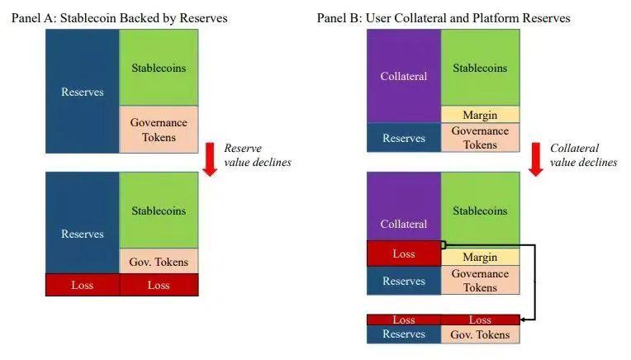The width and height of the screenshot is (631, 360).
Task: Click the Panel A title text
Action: coord(120,17)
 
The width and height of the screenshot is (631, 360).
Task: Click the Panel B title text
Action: coord(444,17)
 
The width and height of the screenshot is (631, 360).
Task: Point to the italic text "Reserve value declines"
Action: coord(257,155)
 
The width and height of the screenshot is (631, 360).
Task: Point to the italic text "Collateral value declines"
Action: coord(583,155)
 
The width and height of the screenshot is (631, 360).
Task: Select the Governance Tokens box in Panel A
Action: coord(159,130)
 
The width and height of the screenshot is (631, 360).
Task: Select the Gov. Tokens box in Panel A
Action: coord(159,262)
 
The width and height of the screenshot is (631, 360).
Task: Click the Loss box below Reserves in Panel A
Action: coord(83,285)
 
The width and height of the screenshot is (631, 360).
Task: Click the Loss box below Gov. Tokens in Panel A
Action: coord(159,285)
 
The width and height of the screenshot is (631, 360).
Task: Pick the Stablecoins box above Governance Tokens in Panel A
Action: coord(159,67)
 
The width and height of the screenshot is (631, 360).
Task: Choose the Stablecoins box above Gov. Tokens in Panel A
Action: coord(159,211)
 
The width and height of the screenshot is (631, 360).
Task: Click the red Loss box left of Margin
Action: coord(404,253)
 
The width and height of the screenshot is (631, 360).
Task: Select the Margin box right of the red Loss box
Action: coord(480,258)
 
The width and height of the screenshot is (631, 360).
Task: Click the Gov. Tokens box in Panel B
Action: coord(480,334)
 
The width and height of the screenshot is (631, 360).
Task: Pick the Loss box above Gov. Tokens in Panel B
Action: coord(480,320)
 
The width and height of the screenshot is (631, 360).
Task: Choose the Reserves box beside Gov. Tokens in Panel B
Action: coord(404,334)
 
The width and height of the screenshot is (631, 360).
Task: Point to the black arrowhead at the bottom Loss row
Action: coord(523,320)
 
